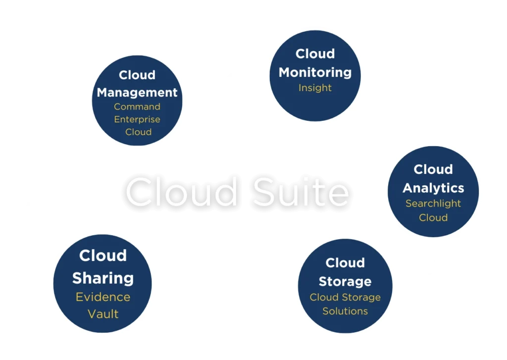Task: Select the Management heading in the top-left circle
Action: click(137, 92)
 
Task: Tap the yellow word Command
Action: click(137, 106)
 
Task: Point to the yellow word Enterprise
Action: click(137, 119)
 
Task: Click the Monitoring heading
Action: click(315, 72)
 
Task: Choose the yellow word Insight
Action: click(315, 88)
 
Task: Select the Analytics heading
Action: click(433, 188)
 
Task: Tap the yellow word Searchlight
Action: click(433, 203)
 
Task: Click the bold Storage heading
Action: click(345, 281)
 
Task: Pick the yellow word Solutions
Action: click(345, 311)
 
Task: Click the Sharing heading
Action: click(103, 278)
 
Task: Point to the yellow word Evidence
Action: click(103, 297)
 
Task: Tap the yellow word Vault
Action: click(103, 313)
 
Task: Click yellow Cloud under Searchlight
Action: click(433, 217)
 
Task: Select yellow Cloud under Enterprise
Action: click(138, 132)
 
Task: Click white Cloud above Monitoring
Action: click(315, 53)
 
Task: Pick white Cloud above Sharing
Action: click(103, 256)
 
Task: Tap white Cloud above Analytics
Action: click(433, 169)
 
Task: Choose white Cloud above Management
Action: click(137, 75)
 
